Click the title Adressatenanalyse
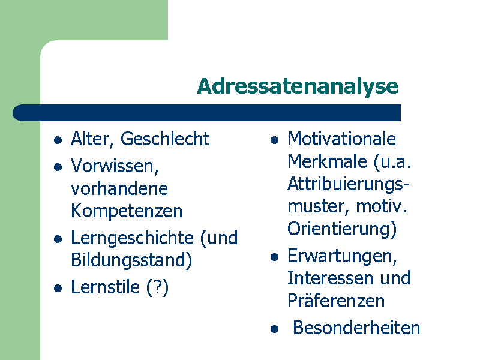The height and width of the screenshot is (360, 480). pyautogui.click(x=298, y=87)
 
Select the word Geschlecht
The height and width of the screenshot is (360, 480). pyautogui.click(x=165, y=139)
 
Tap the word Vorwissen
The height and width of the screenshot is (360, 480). pyautogui.click(x=115, y=166)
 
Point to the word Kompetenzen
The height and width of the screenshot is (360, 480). pyautogui.click(x=127, y=211)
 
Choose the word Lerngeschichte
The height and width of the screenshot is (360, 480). pyautogui.click(x=132, y=238)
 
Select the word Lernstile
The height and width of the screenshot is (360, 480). pyautogui.click(x=106, y=287)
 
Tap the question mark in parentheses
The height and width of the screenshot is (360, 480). pyautogui.click(x=157, y=288)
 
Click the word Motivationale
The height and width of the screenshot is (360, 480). pyautogui.click(x=341, y=139)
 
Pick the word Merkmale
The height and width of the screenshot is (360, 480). pyautogui.click(x=327, y=161)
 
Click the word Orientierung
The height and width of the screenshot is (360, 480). pyautogui.click(x=342, y=229)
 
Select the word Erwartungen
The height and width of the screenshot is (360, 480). pyautogui.click(x=342, y=257)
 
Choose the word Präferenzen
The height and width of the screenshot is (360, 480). pyautogui.click(x=336, y=301)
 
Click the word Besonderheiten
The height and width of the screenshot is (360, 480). pyautogui.click(x=356, y=328)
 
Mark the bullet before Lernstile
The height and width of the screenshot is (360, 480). pyautogui.click(x=58, y=288)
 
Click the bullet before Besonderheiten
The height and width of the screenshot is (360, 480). pyautogui.click(x=275, y=329)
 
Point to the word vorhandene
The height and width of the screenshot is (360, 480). pyautogui.click(x=119, y=188)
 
